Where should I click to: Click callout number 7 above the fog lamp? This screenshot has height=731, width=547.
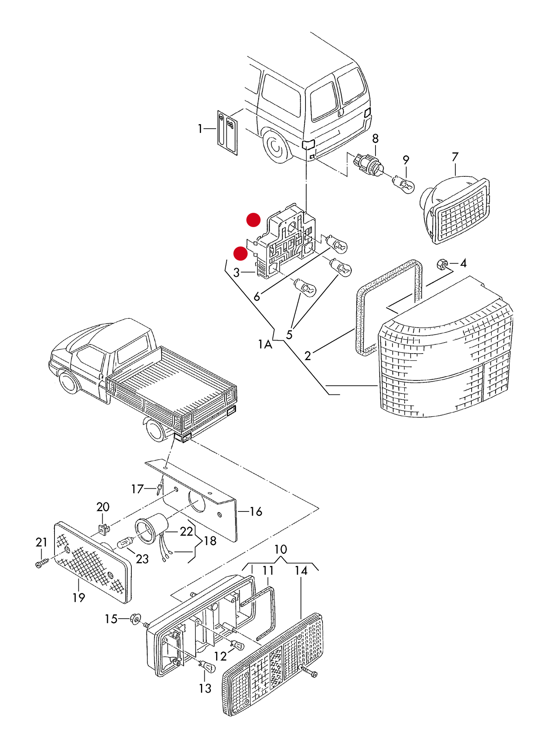pos(455,157)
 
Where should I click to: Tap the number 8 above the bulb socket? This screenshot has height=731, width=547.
pos(375,139)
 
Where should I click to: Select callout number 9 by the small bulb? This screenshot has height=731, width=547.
pos(406,160)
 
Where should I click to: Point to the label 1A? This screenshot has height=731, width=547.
pos(265,344)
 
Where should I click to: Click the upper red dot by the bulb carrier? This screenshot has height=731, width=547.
pos(253,220)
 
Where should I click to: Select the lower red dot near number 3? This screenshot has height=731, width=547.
pos(240,254)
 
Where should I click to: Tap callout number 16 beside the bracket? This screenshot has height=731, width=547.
pos(256,511)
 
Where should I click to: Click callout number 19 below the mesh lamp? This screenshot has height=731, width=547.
pos(79,597)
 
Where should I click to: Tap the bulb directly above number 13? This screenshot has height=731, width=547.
pos(207,666)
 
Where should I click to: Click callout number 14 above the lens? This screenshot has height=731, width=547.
pos(301,570)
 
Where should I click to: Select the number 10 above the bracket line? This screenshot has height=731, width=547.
pos(281,549)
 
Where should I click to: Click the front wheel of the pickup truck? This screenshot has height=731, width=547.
pos(69,382)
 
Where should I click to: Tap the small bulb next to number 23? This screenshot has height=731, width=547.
pos(125,543)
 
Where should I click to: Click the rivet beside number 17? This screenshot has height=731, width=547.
pos(159,489)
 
